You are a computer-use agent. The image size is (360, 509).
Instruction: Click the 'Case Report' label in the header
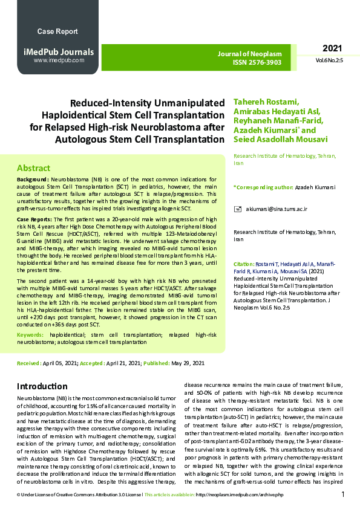[x=57, y=31]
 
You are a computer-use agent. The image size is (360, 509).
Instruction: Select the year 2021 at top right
[x=332, y=48]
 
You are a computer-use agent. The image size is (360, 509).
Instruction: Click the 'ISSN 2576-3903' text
[x=258, y=62]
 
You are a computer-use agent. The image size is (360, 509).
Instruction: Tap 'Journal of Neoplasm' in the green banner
[x=249, y=54]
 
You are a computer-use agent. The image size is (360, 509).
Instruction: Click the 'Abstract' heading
[x=34, y=168]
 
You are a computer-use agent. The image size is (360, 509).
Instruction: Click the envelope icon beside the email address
[x=238, y=209]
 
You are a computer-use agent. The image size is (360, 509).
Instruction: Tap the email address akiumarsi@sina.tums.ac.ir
[x=277, y=209]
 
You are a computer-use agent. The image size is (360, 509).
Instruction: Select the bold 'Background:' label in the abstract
[x=33, y=180]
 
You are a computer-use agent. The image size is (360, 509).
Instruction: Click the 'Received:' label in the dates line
[x=29, y=363]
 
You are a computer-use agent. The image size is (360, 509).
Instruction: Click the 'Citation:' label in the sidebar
[x=244, y=265]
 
